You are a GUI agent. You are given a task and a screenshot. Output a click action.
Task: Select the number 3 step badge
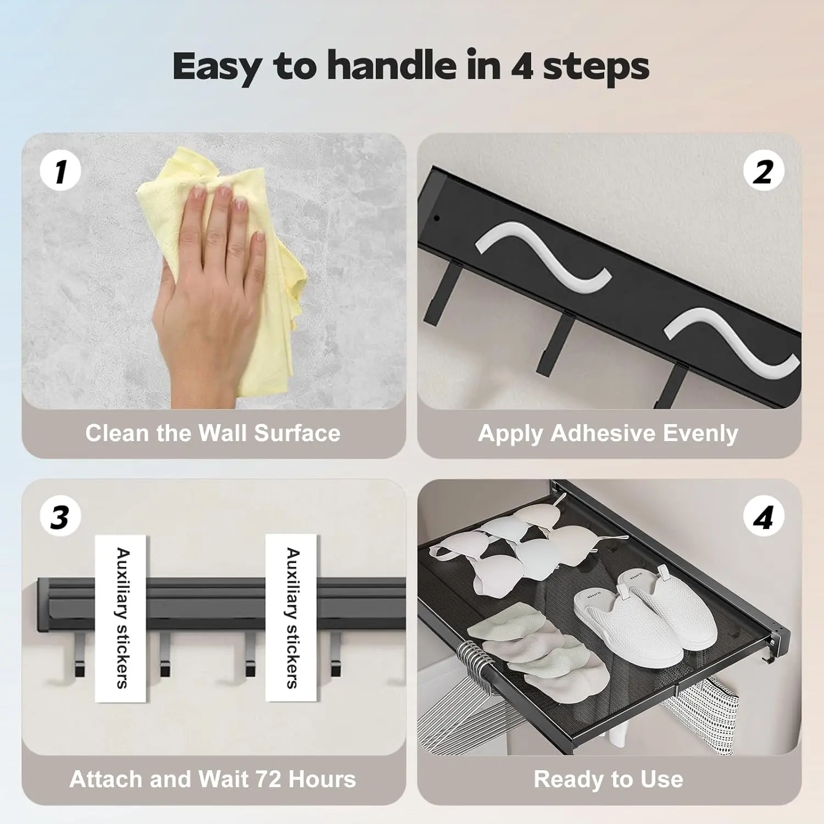click(x=60, y=516)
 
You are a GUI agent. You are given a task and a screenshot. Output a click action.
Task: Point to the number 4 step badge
click(x=764, y=516)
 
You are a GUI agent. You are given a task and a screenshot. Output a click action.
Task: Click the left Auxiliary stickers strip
click(x=121, y=618)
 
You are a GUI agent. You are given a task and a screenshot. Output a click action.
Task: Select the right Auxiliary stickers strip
click(x=291, y=618)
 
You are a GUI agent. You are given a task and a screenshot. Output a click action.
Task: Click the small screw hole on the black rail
click(x=436, y=218)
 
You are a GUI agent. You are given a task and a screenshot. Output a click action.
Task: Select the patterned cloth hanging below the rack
click(x=700, y=714)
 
